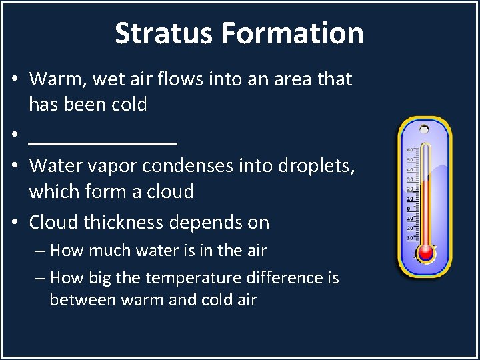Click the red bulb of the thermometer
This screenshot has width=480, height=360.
point(425,253)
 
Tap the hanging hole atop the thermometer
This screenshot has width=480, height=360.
point(424,128)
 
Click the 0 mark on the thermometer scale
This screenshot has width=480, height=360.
point(409,208)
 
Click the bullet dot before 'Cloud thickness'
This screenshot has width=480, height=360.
point(14,223)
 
